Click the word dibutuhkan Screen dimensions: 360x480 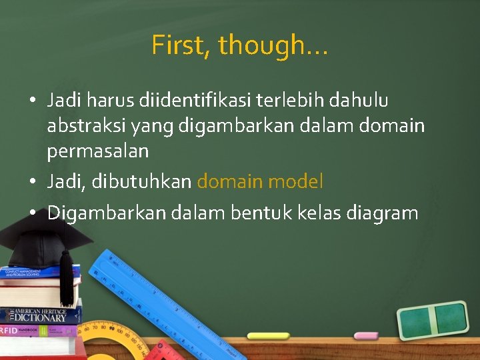pos(149,181)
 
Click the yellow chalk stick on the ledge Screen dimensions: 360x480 pos(268,336)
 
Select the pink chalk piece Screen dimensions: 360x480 pos(365,335)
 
